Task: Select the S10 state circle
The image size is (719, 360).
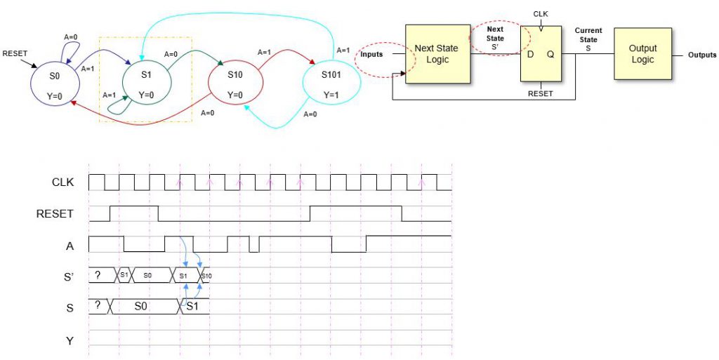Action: point(235,84)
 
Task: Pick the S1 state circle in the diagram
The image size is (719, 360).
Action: point(146,84)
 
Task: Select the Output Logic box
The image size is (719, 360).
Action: point(642,54)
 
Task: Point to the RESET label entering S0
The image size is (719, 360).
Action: point(15,53)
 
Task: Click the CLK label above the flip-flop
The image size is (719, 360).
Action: point(541,13)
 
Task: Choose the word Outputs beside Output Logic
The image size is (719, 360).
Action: point(701,55)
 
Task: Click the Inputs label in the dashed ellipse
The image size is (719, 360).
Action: point(372,55)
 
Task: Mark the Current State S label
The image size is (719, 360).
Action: point(587,39)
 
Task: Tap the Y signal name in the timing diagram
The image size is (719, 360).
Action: point(70,342)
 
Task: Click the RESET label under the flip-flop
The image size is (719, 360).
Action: point(541,93)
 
